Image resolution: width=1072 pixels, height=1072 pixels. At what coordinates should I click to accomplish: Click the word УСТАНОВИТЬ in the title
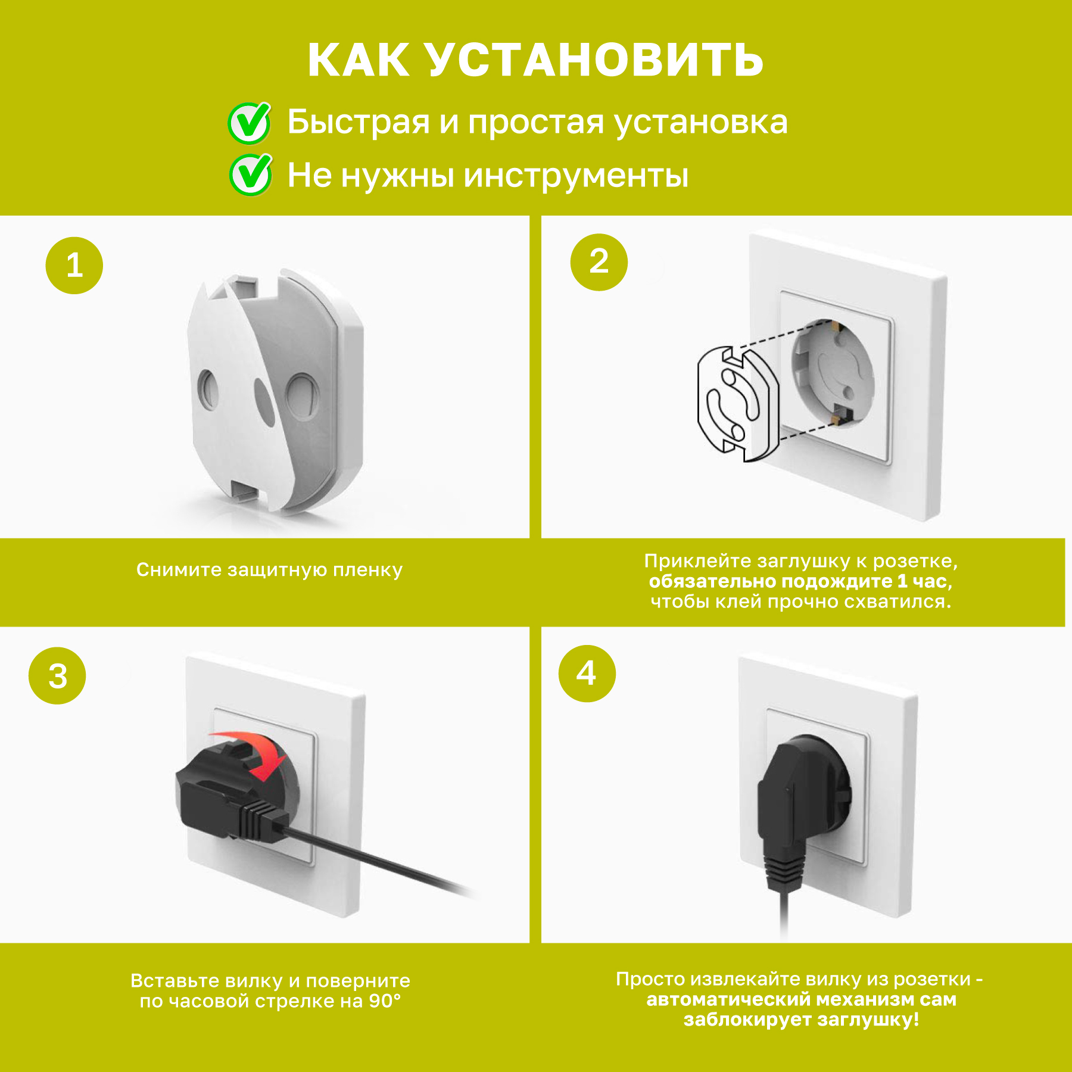(x=595, y=61)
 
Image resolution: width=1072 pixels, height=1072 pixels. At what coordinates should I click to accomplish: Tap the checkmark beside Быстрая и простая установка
(x=250, y=123)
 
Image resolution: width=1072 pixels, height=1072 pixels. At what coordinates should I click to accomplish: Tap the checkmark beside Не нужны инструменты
(x=251, y=175)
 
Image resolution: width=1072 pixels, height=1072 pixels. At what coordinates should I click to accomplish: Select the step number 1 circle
(x=74, y=266)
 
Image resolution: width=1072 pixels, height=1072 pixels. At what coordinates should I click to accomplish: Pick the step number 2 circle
(x=599, y=262)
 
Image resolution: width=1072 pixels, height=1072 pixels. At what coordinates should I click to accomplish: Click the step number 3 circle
(x=57, y=676)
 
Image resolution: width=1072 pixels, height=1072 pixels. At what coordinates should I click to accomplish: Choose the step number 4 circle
(x=587, y=674)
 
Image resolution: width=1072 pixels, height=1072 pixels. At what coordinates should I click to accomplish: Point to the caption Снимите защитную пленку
(x=269, y=570)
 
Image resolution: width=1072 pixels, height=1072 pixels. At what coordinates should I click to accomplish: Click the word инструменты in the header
(x=576, y=176)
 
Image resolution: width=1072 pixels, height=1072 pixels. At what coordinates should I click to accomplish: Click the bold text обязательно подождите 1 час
(x=800, y=581)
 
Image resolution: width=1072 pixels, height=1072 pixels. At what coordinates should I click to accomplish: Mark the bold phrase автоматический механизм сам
(x=802, y=999)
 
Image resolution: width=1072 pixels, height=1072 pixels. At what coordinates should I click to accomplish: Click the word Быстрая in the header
(x=359, y=123)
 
